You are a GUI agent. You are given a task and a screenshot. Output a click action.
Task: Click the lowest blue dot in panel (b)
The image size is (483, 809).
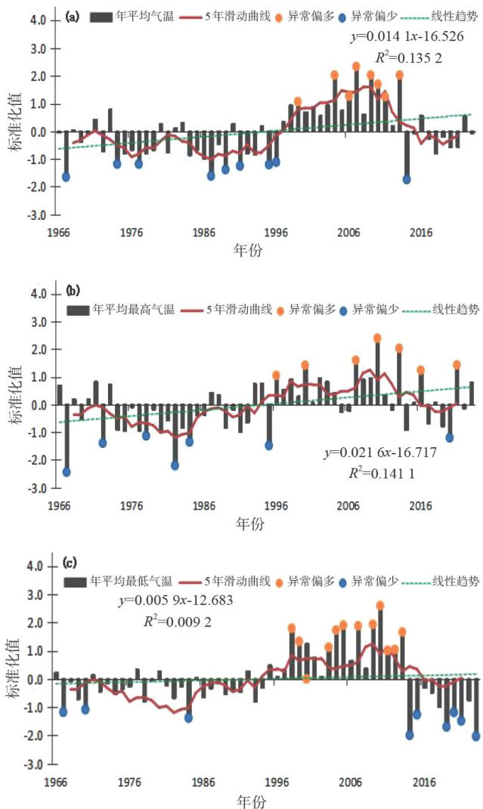pos(66,472)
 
